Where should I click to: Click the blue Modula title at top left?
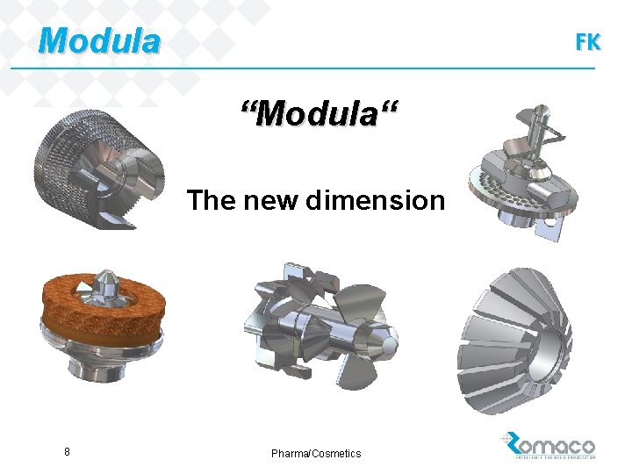(100, 40)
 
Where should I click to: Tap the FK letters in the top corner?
(587, 42)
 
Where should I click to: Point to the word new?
(267, 201)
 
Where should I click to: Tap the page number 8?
(68, 452)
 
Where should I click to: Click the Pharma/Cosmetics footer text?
(316, 453)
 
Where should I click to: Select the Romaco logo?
(549, 445)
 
